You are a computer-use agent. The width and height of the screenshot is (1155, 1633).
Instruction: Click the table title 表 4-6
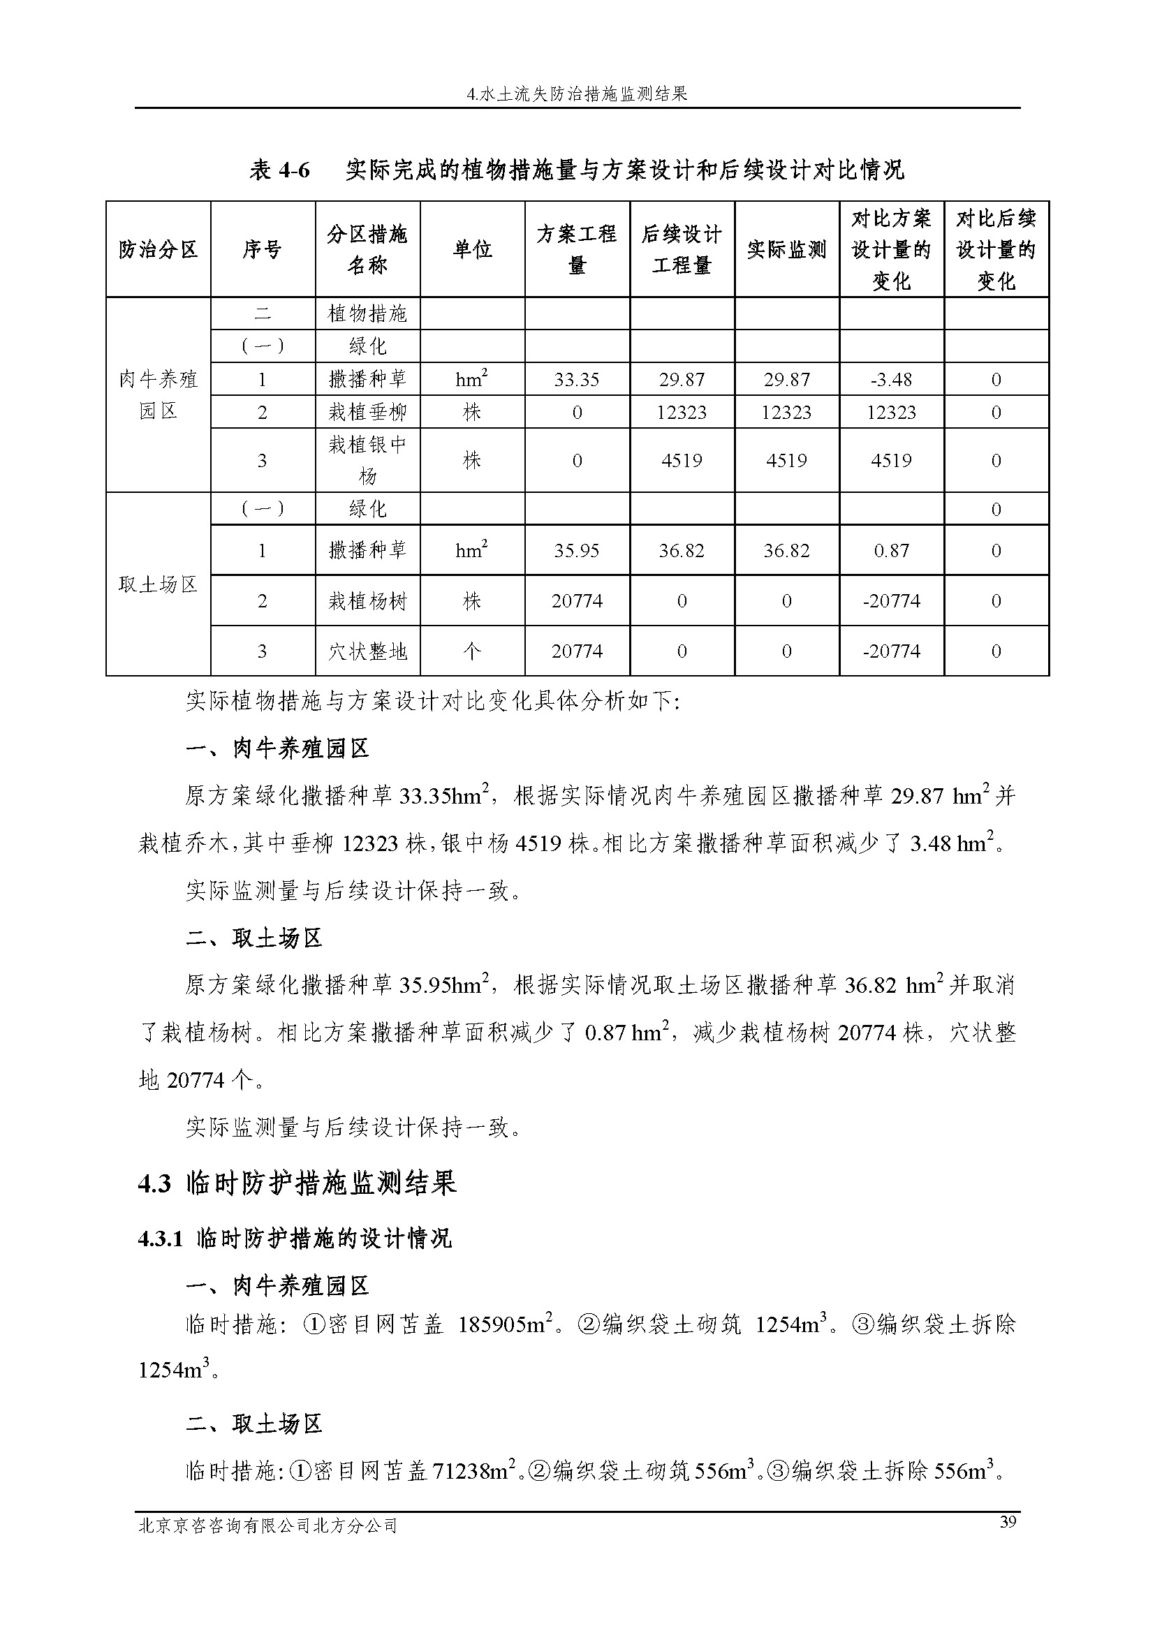click(x=577, y=170)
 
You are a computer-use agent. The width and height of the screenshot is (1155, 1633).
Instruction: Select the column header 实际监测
click(x=786, y=250)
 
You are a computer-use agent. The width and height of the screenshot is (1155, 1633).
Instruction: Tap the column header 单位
click(x=472, y=250)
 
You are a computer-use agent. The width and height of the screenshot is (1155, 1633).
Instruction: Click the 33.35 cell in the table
click(x=577, y=380)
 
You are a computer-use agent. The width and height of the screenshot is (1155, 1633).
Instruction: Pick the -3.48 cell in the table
click(x=891, y=380)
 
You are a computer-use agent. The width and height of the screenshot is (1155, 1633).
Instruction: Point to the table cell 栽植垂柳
click(x=368, y=413)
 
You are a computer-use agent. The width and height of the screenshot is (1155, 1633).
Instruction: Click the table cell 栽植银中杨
click(x=368, y=460)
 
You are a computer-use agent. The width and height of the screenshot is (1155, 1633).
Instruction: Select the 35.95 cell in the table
click(x=577, y=550)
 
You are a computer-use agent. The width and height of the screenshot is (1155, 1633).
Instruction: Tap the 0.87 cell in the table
click(x=891, y=550)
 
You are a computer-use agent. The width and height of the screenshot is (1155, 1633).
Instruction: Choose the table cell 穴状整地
click(x=368, y=651)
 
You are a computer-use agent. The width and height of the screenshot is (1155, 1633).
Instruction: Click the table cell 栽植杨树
click(x=368, y=602)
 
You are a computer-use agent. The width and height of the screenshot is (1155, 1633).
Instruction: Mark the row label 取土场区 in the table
click(x=158, y=584)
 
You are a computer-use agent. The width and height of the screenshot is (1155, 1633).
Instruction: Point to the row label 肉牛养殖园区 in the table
click(x=158, y=394)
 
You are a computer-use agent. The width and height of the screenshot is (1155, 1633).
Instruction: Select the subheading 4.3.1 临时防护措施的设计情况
click(x=295, y=1239)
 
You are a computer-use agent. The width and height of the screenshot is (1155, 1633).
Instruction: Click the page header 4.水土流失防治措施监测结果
click(x=577, y=94)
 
